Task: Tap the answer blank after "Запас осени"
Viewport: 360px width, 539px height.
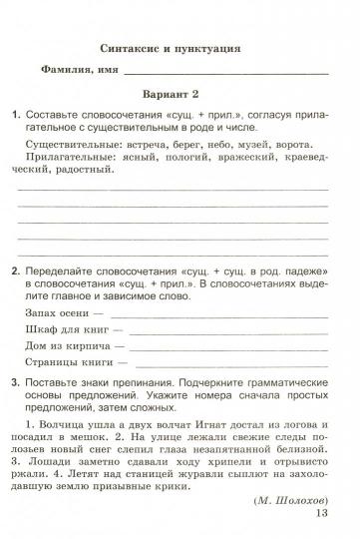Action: pyautogui.click(x=210, y=314)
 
